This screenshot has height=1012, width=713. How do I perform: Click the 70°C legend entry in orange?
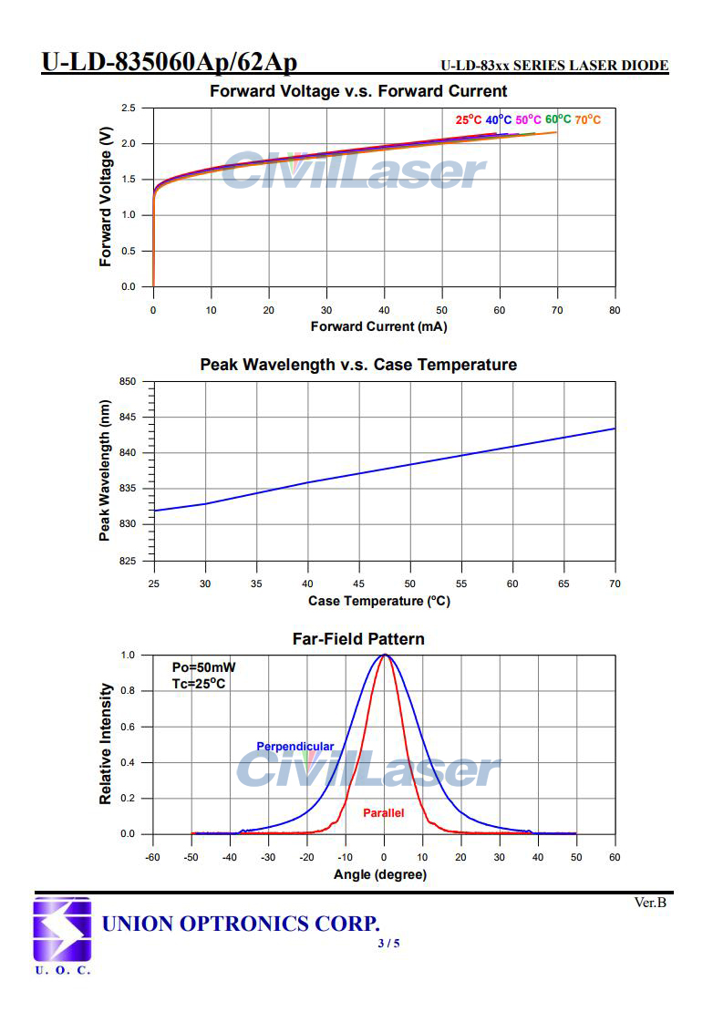click(x=588, y=119)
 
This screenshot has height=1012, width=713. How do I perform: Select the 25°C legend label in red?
click(x=469, y=119)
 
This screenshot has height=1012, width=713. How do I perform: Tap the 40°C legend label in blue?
click(x=499, y=119)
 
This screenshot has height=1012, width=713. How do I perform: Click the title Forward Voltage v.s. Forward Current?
click(x=358, y=91)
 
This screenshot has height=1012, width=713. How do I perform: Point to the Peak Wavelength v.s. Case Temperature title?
click(x=358, y=365)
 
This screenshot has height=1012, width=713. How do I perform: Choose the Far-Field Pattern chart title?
click(x=358, y=639)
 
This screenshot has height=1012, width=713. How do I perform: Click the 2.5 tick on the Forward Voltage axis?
click(x=129, y=108)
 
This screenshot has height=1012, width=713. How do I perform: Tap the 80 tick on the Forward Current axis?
click(x=615, y=310)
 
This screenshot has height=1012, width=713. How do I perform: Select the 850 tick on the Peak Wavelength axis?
click(x=127, y=382)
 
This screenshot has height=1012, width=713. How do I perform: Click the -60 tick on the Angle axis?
click(x=153, y=858)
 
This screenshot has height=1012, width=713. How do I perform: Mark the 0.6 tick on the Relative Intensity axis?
click(x=129, y=727)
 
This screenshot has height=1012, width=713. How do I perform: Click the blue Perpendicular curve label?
click(x=294, y=747)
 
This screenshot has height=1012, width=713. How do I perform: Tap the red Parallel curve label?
click(x=383, y=812)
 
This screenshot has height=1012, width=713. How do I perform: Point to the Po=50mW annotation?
click(x=203, y=667)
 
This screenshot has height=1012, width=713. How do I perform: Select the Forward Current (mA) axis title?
click(x=378, y=326)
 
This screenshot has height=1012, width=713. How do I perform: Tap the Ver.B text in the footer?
click(x=650, y=903)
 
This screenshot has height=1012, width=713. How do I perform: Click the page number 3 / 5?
click(x=388, y=943)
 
